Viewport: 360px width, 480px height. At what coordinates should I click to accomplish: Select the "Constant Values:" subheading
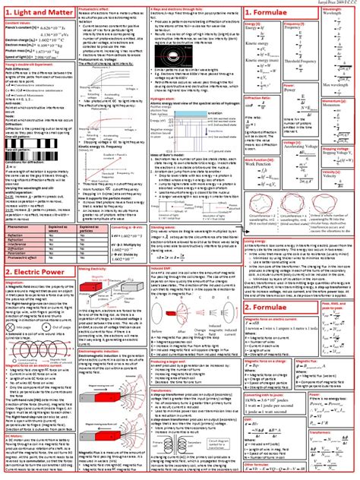18,24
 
